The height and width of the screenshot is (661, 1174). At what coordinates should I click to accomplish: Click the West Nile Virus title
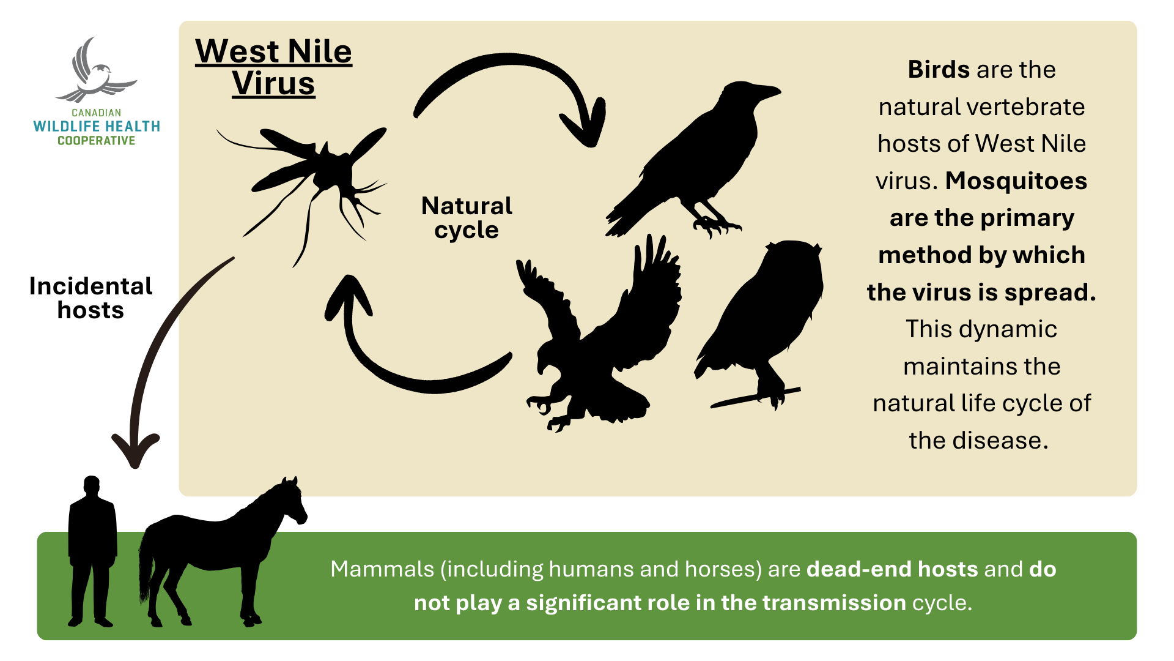pos(273,67)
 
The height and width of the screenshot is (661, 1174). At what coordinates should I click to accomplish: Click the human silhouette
pos(92,551)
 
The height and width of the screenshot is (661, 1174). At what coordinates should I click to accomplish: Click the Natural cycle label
pos(467,218)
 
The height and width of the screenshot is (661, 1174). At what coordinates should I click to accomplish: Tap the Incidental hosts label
pos(90,298)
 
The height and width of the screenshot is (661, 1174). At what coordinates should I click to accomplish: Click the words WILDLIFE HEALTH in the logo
pos(97,127)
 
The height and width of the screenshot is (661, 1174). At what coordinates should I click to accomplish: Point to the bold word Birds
pos(939,70)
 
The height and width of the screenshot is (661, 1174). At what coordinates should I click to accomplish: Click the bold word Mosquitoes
pos(1016,181)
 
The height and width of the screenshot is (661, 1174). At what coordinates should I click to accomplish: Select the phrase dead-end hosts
pos(893,569)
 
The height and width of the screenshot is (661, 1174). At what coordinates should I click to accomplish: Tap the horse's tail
pos(146,566)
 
